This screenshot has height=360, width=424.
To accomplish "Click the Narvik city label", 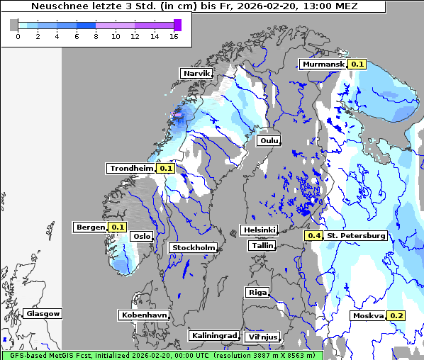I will pyautogui.click(x=196, y=73).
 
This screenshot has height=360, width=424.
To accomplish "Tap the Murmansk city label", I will pyautogui.click(x=323, y=64).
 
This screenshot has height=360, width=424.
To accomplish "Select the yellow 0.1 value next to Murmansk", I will pyautogui.click(x=357, y=64).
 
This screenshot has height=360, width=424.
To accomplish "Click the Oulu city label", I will pyautogui.click(x=269, y=140).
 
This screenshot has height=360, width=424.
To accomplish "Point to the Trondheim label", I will pyautogui.click(x=130, y=168).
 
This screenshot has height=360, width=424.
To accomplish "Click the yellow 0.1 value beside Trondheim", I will pyautogui.click(x=165, y=168).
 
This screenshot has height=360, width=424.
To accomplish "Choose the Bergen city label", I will pyautogui.click(x=90, y=227).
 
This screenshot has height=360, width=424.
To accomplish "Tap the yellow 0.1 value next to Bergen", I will pyautogui.click(x=117, y=227).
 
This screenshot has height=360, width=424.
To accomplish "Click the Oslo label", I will pyautogui.click(x=142, y=236).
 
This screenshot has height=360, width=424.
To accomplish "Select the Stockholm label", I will pyautogui.click(x=193, y=247).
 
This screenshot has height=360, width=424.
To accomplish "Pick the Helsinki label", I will pyautogui.click(x=259, y=230).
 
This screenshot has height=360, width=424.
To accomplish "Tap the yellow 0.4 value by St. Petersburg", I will pyautogui.click(x=313, y=235).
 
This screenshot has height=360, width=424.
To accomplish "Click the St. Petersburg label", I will pyautogui.click(x=356, y=235).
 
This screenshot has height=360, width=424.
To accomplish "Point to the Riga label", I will pyautogui.click(x=257, y=292).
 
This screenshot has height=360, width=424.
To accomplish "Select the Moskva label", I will pyautogui.click(x=368, y=315).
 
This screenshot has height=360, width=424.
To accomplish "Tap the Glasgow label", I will pyautogui.click(x=43, y=313).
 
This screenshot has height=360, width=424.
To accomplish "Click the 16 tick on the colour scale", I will pyautogui.click(x=173, y=36).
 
